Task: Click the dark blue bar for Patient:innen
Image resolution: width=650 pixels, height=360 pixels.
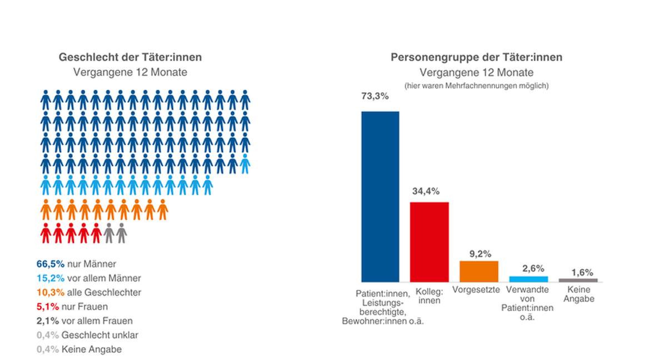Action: tap(380, 197)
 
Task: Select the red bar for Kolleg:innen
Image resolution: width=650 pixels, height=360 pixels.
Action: tap(429, 242)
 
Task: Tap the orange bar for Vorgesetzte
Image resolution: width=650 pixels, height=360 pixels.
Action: tap(478, 271)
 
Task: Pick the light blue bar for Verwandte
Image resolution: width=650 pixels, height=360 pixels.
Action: tap(528, 279)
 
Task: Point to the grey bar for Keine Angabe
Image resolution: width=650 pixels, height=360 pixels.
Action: tap(578, 280)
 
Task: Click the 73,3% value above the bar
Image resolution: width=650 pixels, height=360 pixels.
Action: tap(375, 96)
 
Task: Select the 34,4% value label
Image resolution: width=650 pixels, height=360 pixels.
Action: tap(426, 191)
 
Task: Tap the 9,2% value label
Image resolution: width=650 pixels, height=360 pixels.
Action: tap(480, 254)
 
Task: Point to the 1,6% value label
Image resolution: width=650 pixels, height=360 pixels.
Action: tap(582, 272)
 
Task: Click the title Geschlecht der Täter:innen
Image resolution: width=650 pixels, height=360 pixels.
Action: tap(131, 57)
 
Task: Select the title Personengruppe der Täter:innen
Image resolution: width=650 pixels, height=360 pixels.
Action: tap(477, 57)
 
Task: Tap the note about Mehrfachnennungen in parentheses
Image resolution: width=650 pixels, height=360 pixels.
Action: tap(477, 86)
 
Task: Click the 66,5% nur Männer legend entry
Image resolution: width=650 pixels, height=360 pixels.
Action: tap(77, 264)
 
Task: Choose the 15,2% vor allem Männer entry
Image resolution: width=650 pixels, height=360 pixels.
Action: tap(89, 278)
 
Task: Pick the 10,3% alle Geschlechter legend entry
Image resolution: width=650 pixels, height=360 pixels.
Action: tap(89, 292)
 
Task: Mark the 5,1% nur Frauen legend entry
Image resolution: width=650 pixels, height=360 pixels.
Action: tap(72, 307)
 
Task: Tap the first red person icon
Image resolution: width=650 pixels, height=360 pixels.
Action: tap(46, 233)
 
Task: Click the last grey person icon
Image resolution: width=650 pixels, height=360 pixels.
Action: tap(122, 233)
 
